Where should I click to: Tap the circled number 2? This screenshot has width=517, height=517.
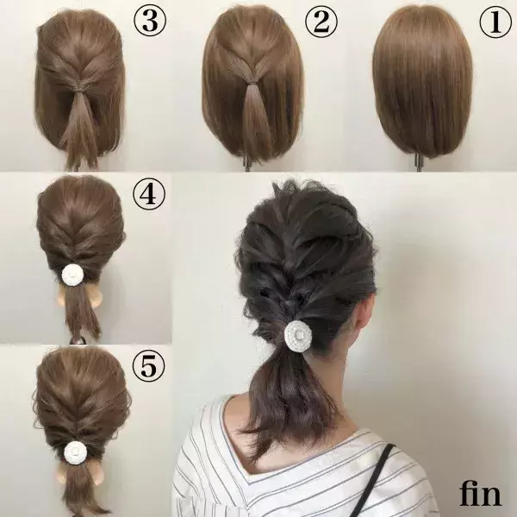tap(321, 22)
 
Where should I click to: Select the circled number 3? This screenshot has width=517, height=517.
tap(150, 21)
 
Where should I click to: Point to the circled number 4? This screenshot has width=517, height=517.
tap(149, 194)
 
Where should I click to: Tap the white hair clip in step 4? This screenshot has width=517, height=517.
tap(72, 274)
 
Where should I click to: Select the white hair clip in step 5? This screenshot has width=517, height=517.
tap(75, 452)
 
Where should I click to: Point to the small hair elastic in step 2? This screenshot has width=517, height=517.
tap(252, 82)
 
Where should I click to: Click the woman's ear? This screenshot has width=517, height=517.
tap(365, 314)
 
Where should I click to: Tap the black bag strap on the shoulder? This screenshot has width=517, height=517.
tap(372, 480)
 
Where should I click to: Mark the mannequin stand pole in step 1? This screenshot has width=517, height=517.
tap(419, 163)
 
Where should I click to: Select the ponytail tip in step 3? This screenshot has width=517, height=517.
tap(77, 165)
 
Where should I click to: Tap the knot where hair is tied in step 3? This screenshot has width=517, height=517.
tap(78, 89)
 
